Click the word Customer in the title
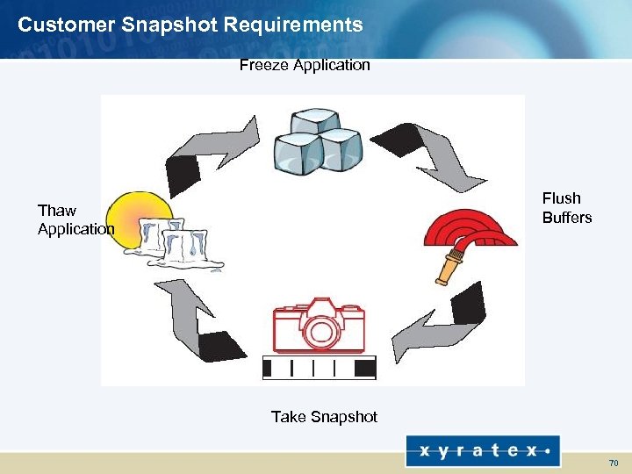(61, 25)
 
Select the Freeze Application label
(305, 65)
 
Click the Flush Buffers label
(566, 208)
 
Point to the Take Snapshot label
(324, 417)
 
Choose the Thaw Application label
(75, 219)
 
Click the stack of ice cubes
(316, 143)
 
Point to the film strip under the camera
(320, 366)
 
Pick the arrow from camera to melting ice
(198, 320)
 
